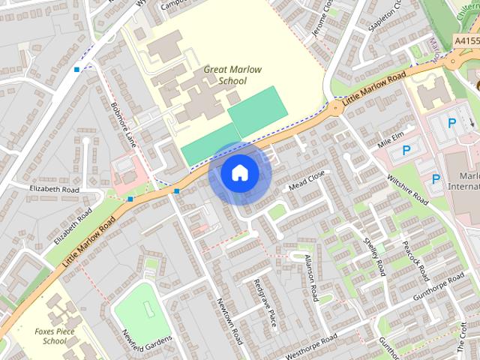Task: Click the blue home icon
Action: [239, 173]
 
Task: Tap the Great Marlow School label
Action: [233, 75]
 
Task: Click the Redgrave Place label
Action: [265, 304]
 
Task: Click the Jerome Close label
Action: [321, 16]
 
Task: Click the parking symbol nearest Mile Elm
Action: [406, 150]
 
